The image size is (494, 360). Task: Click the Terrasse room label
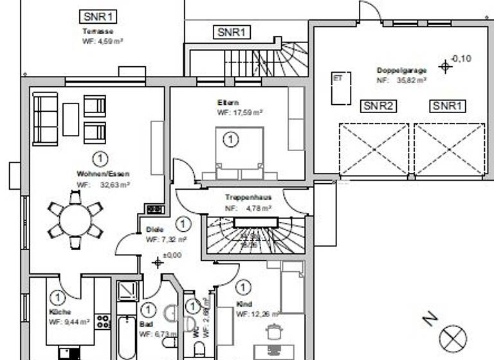click(x=98, y=31)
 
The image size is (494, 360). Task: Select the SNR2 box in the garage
click(x=378, y=106)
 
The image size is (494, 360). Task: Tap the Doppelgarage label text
click(x=402, y=70)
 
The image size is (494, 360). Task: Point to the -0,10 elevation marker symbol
click(x=444, y=66)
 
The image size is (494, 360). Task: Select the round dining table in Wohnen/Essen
click(x=76, y=221)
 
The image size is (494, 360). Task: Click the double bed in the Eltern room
click(x=239, y=154)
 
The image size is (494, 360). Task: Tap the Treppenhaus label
click(x=248, y=198)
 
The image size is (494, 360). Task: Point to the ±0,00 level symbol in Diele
click(x=158, y=262)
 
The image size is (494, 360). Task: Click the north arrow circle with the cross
click(x=453, y=339)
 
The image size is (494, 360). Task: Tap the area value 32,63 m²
click(x=115, y=184)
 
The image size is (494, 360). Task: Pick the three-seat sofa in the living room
click(x=45, y=119)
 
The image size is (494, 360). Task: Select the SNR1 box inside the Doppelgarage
click(x=448, y=106)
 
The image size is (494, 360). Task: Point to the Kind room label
click(x=244, y=304)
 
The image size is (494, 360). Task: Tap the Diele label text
click(x=155, y=230)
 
